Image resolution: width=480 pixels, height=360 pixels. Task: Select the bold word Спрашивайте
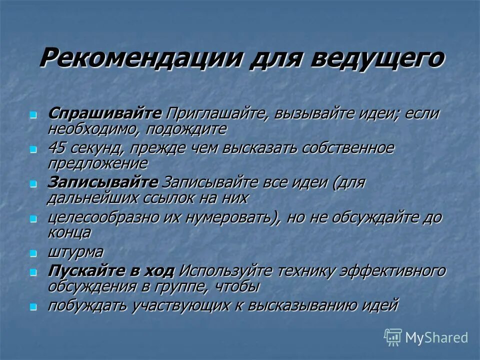(x=105, y=113)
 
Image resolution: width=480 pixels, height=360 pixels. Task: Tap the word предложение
(x=97, y=163)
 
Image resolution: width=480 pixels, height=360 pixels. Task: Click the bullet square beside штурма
(x=33, y=253)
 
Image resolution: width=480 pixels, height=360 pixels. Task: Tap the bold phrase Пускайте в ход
(x=111, y=271)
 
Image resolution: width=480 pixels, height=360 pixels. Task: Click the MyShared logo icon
(x=393, y=337)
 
